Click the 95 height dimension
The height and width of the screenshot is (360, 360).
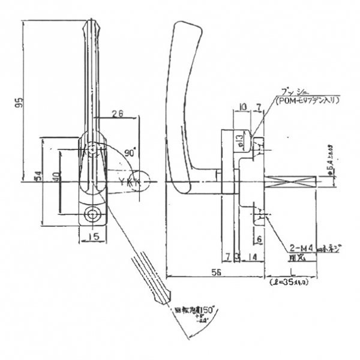(20, 103)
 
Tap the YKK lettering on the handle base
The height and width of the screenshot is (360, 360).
(128, 182)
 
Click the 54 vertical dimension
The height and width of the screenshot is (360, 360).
(37, 177)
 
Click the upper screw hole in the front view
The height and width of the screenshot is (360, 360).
(92, 149)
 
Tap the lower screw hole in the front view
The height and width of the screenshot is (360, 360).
(92, 214)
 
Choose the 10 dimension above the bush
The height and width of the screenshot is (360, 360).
(242, 107)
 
